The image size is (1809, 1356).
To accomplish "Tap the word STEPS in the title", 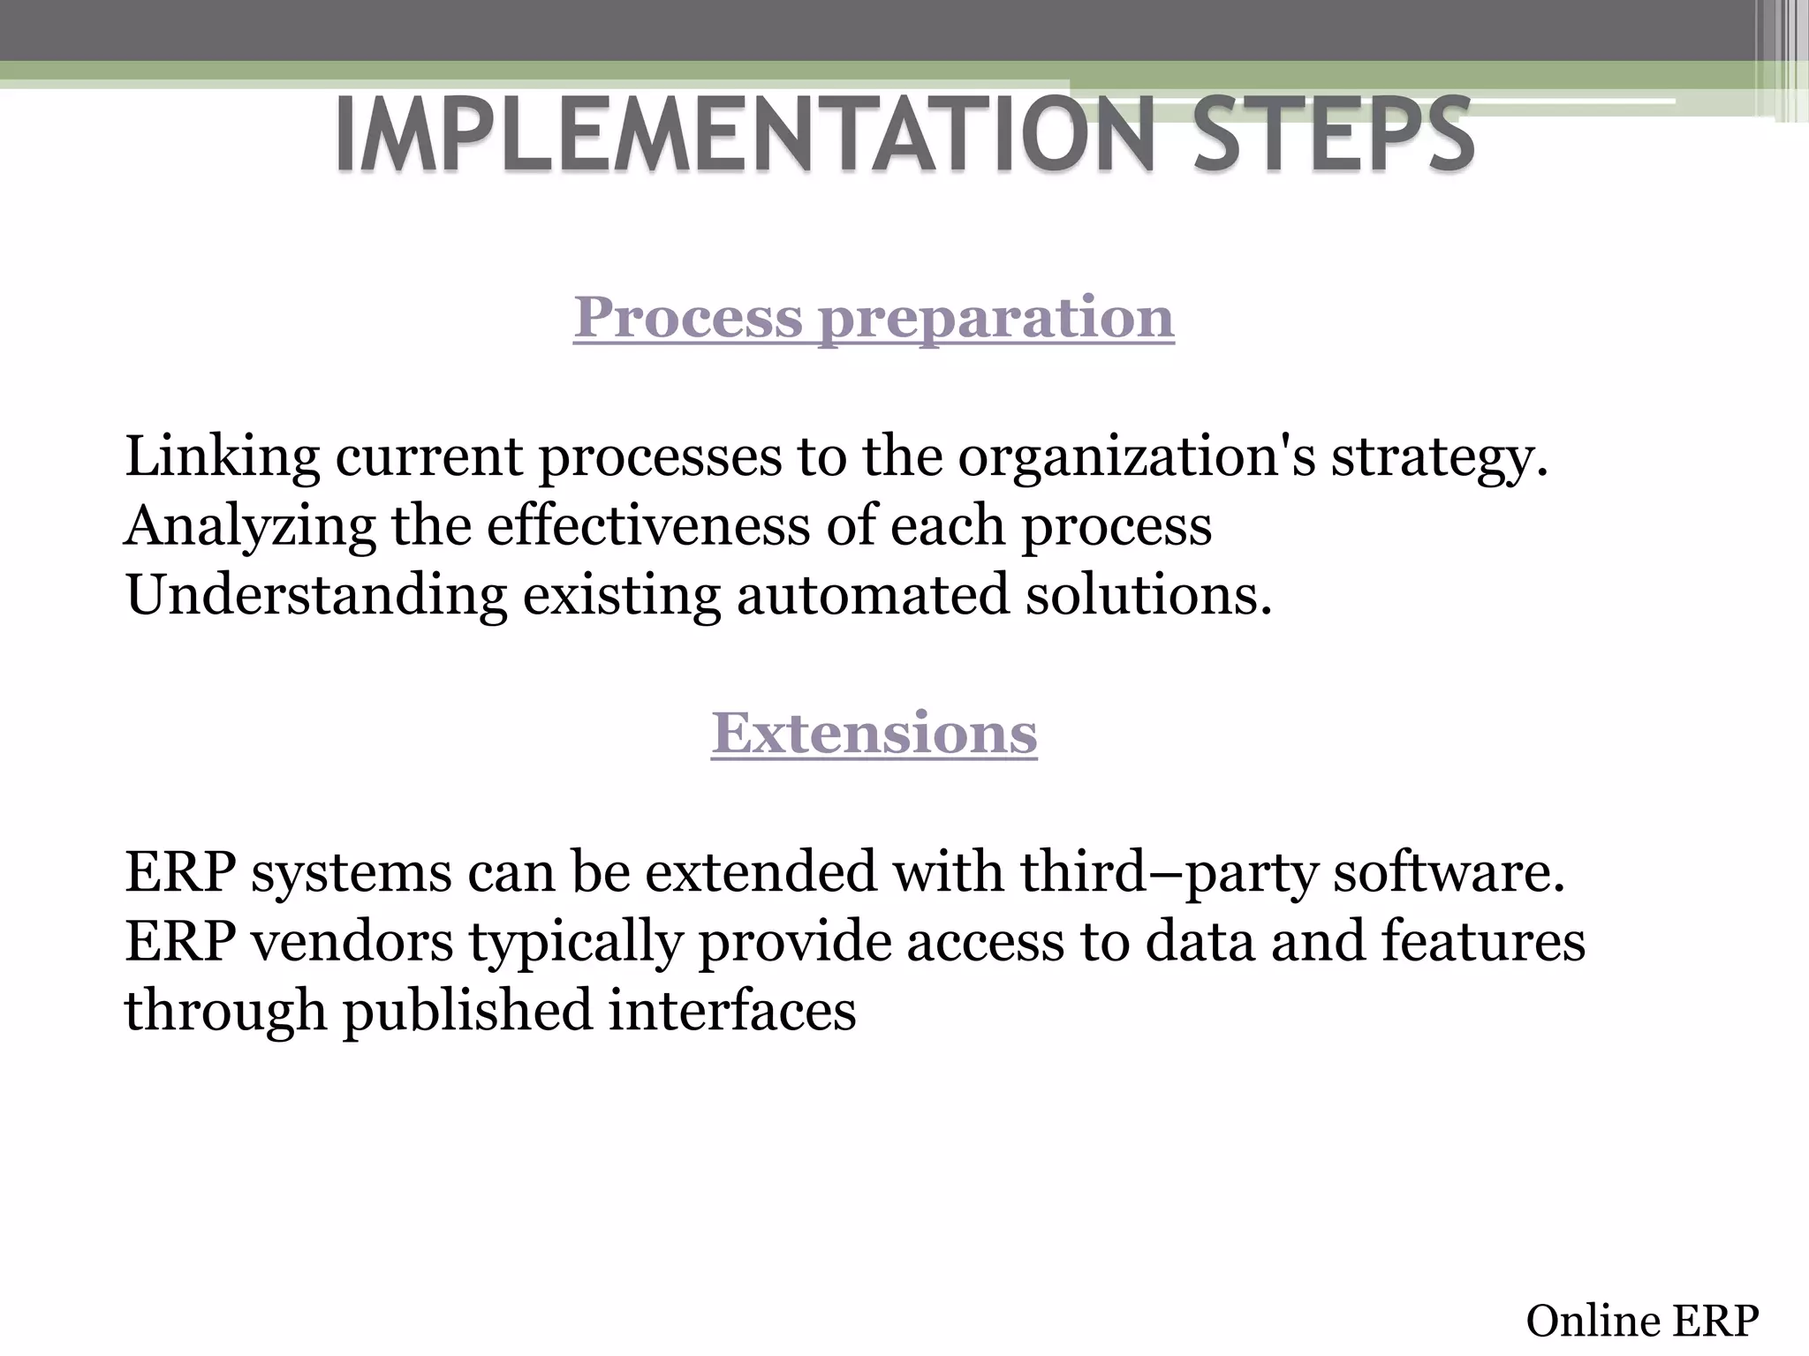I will click(x=1334, y=134).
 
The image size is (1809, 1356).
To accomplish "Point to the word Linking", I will click(x=222, y=457).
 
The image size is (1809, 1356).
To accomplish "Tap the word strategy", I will click(x=1440, y=457).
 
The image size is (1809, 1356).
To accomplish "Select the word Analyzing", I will click(x=250, y=526).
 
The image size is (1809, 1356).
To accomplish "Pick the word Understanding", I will click(x=316, y=595).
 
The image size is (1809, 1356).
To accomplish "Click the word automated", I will click(x=872, y=595).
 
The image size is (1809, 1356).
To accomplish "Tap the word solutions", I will click(x=1148, y=595).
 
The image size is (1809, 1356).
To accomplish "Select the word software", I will click(x=1449, y=872).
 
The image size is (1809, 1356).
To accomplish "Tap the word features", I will click(x=1483, y=941).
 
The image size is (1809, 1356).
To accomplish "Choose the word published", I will click(x=467, y=1010).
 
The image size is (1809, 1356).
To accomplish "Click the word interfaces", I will click(x=732, y=1010).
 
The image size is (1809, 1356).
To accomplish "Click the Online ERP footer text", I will click(x=1642, y=1322).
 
